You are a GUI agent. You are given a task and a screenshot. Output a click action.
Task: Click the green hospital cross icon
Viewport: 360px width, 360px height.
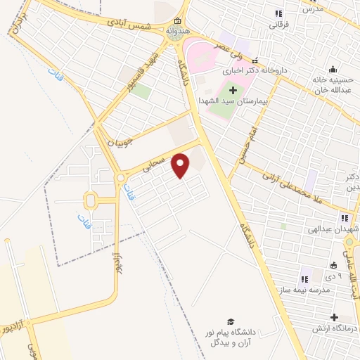point(233,90)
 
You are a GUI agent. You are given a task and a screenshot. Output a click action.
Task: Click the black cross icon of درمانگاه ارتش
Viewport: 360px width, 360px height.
point(335,317)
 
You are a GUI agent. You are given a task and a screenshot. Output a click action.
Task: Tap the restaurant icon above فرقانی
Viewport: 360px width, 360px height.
point(279,13)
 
